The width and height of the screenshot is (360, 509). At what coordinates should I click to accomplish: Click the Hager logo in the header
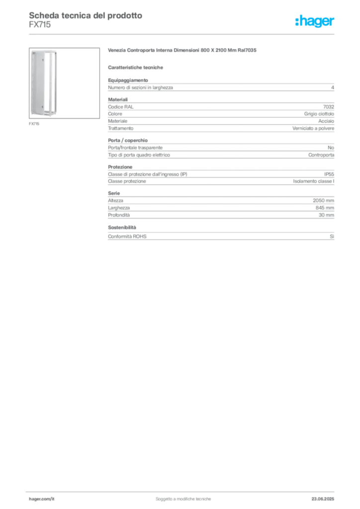point(315,21)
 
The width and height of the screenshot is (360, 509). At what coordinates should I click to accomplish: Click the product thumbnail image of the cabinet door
point(64,83)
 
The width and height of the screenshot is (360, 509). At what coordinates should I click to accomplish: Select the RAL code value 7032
point(329,107)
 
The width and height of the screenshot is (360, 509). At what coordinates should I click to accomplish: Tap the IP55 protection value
point(329,174)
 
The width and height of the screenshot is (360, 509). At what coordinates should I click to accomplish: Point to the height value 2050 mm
point(323,201)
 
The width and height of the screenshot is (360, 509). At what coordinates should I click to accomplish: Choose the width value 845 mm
point(325,208)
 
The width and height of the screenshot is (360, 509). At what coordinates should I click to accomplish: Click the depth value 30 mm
point(326,215)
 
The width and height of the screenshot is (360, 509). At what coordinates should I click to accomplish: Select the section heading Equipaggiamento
point(128,80)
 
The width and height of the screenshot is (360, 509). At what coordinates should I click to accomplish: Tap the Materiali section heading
point(118,99)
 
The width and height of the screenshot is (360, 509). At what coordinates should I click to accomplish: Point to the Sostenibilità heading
point(122,228)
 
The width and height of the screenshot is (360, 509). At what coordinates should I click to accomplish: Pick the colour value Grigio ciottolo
point(319,114)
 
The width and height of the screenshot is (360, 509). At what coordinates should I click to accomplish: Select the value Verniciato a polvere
point(313,129)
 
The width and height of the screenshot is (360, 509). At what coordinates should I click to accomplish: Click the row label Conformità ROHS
point(127,237)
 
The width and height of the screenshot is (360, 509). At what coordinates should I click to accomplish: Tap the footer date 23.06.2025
point(323,499)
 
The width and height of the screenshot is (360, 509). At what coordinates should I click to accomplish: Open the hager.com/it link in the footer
point(42,499)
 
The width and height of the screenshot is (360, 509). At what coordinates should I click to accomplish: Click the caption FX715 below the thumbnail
point(34,124)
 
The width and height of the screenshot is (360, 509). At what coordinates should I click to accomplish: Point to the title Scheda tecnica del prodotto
point(86,15)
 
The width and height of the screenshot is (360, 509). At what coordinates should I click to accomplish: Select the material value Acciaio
point(326,121)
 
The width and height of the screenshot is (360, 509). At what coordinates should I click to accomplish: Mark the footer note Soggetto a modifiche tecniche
point(183,499)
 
